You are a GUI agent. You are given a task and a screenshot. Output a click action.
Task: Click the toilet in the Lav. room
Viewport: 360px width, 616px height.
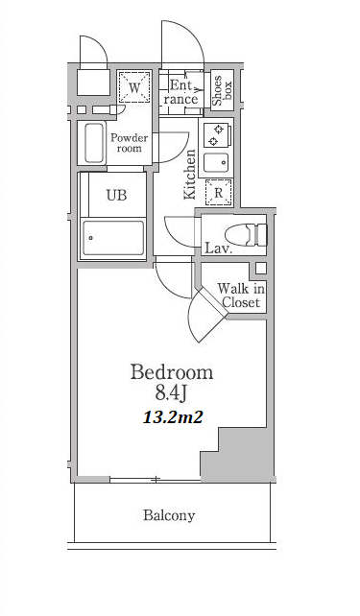point(246,235)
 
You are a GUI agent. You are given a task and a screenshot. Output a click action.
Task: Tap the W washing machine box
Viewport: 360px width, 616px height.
point(134,87)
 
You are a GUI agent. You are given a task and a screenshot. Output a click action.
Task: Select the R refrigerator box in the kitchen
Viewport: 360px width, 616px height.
point(219,193)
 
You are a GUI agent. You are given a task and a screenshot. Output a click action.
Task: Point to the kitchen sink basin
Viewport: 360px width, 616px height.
point(216,163)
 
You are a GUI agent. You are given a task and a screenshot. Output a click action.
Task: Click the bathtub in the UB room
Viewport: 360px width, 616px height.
point(113,238)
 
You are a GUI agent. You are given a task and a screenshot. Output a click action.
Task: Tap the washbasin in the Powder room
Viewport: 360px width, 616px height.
point(94,143)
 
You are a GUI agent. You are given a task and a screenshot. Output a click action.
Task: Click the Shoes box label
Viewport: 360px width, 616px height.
point(223,90)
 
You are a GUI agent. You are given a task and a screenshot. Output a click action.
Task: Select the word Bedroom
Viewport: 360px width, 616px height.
point(172,372)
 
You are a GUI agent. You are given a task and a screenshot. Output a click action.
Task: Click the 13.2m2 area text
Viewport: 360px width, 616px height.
point(173,417)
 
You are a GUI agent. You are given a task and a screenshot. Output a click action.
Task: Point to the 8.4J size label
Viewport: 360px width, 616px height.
point(170,393)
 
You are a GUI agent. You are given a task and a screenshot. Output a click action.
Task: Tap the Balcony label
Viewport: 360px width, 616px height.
point(169,515)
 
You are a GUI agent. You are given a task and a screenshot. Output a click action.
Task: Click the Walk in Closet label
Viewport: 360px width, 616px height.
point(241,296)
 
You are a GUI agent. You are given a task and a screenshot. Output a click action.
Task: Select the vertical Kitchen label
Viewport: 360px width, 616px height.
point(190,174)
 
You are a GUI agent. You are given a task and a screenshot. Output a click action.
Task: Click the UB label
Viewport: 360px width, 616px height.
point(117,195)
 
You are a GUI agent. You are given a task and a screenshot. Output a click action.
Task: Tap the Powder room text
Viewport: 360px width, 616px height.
point(130,143)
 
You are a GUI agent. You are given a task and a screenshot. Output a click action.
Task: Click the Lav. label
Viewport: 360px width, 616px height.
point(219,249)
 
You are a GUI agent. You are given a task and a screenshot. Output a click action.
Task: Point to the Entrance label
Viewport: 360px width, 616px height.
point(180,92)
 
